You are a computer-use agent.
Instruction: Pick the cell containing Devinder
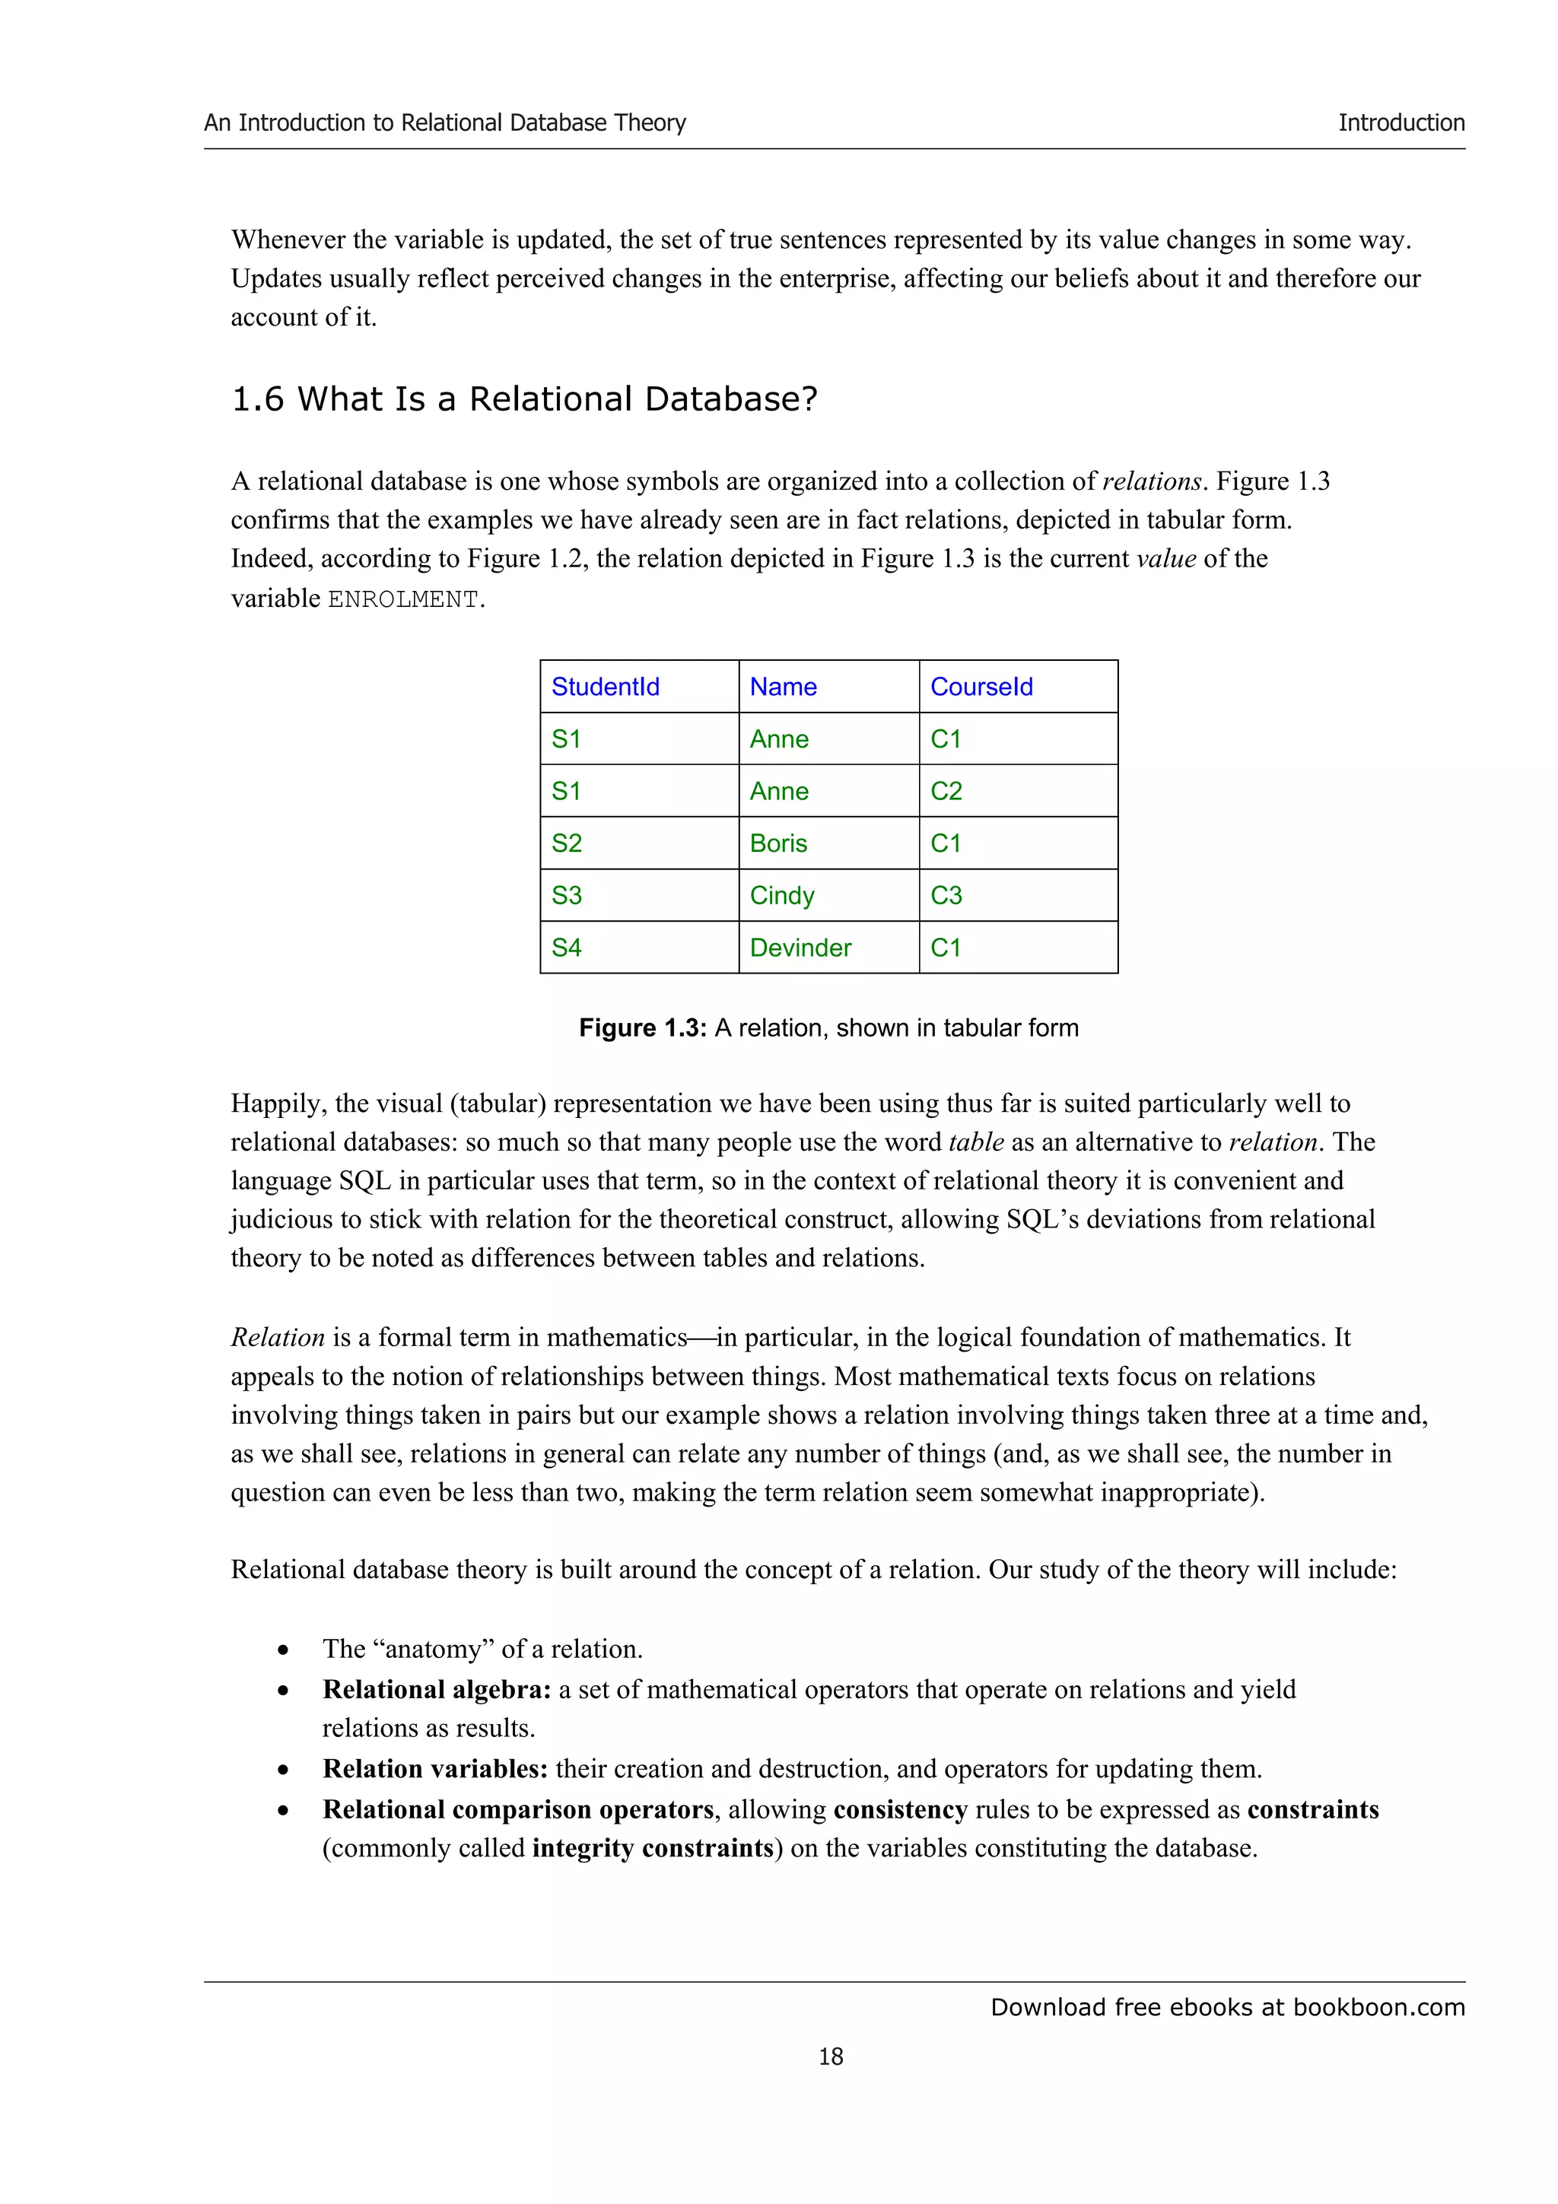click(800, 948)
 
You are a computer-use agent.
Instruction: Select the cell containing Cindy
click(781, 896)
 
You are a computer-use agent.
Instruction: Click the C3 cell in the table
click(946, 896)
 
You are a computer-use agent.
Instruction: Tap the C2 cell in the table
click(946, 791)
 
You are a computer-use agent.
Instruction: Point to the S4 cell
click(566, 948)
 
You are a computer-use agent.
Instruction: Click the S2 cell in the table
click(566, 843)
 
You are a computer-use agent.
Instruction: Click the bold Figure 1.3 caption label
click(642, 1028)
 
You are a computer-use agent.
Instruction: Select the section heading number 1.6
click(257, 399)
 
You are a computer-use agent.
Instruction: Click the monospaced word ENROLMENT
click(403, 600)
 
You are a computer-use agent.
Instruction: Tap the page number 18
click(831, 2056)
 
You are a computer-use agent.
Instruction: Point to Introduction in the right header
click(1401, 123)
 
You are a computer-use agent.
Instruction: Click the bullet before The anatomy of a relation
click(283, 1651)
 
